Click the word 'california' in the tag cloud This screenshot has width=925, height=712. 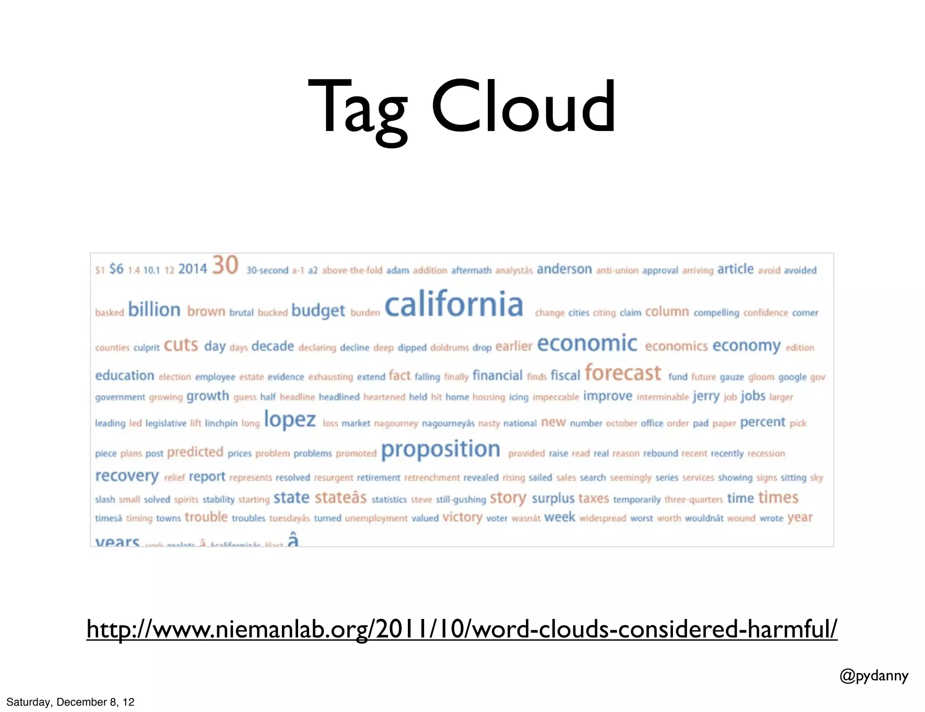click(x=454, y=304)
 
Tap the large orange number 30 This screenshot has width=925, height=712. click(x=225, y=265)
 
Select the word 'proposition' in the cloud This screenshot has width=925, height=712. click(x=440, y=450)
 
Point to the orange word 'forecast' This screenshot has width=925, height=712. click(x=623, y=374)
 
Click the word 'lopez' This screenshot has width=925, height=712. click(x=290, y=420)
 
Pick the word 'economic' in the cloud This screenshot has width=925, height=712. click(x=587, y=344)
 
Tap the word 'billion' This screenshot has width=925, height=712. click(x=154, y=310)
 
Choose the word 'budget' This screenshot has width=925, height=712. click(x=318, y=311)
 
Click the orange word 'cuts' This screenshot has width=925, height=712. click(x=181, y=345)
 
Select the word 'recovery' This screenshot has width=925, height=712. click(x=127, y=476)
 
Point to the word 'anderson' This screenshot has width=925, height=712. click(x=564, y=269)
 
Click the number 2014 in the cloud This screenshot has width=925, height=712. click(x=192, y=269)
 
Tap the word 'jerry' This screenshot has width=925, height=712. click(x=706, y=397)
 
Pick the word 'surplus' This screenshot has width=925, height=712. click(x=553, y=498)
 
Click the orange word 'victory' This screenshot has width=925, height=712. click(x=462, y=517)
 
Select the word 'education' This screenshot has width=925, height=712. click(x=125, y=375)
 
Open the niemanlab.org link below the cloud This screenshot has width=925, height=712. click(x=462, y=629)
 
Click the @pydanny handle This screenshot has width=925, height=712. click(x=874, y=676)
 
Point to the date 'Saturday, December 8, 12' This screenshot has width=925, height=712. click(x=70, y=702)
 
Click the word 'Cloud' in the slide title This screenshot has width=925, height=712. click(x=523, y=107)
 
